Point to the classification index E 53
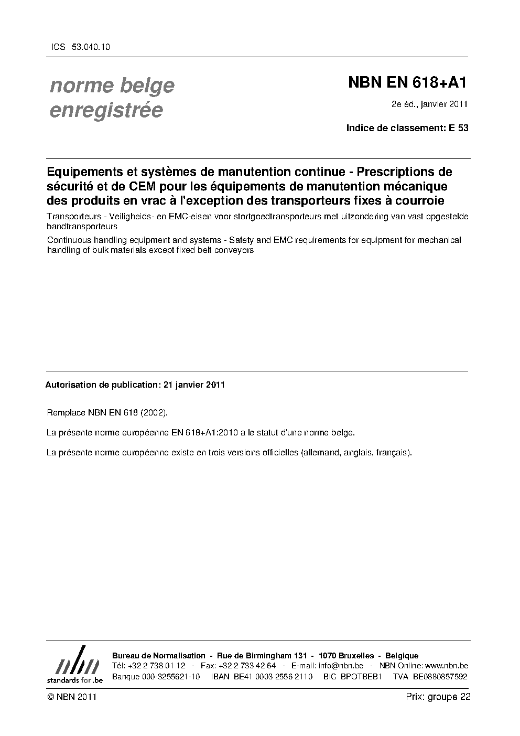click(458, 127)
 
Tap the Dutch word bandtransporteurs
click(82, 227)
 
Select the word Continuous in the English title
click(69, 240)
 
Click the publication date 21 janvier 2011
click(194, 385)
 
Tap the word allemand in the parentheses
click(320, 452)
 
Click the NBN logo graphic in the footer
click(75, 664)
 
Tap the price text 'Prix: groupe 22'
click(438, 697)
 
